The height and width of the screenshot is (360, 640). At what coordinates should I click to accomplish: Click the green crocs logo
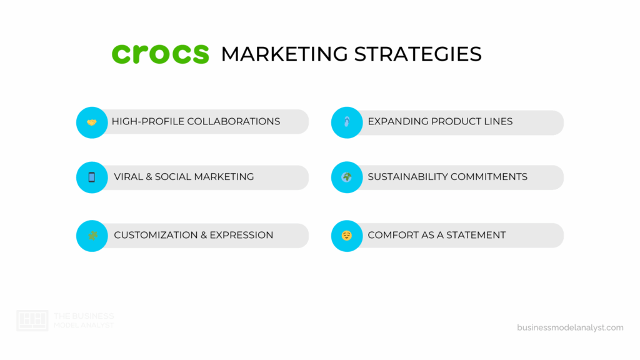click(x=160, y=54)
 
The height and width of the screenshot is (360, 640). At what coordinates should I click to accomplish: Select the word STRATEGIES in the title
click(x=417, y=54)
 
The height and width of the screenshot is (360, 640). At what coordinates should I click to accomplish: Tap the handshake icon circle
click(x=92, y=122)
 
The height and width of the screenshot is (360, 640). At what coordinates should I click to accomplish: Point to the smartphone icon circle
click(x=92, y=177)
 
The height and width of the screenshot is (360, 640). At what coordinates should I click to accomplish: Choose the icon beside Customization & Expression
click(x=92, y=236)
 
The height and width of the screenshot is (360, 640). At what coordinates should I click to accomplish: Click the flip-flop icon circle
click(x=347, y=122)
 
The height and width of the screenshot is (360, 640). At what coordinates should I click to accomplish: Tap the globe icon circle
click(x=347, y=177)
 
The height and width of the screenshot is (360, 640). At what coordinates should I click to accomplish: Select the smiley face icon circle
click(x=347, y=236)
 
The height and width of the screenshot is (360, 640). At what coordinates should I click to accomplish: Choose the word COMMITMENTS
click(x=494, y=177)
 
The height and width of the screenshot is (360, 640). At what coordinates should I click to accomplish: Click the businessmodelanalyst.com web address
click(x=570, y=327)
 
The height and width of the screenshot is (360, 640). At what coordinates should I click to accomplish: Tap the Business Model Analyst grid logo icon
click(x=32, y=321)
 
